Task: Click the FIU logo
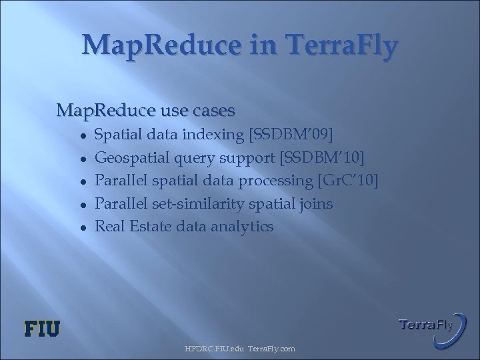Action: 42,328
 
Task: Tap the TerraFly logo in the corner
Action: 425,325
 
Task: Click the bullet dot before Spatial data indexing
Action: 81,135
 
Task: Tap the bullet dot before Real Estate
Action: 81,227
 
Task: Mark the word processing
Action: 280,181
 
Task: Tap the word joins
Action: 315,203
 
